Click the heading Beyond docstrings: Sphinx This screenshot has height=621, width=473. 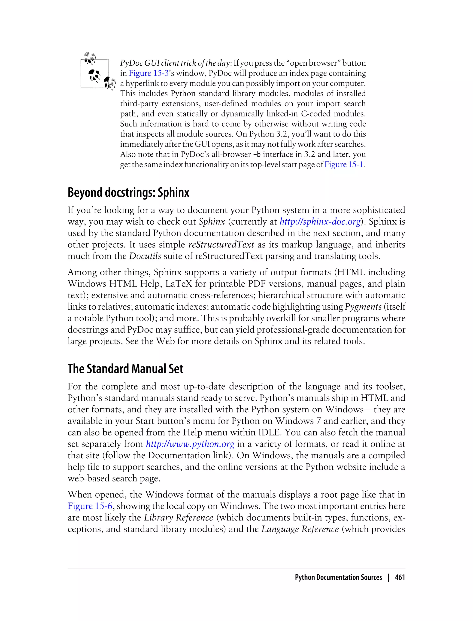[128, 193]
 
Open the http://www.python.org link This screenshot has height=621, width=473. [190, 444]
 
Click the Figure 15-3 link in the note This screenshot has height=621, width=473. [149, 73]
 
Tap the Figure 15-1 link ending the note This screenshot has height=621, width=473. [344, 164]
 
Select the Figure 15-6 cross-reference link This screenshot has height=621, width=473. [90, 506]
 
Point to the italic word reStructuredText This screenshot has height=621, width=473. [221, 244]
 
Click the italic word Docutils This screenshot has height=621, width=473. [145, 256]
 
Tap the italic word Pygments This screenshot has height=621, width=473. [363, 307]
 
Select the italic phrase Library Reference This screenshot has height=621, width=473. [179, 518]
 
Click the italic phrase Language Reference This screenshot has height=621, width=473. [300, 529]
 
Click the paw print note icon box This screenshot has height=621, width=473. [95, 74]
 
